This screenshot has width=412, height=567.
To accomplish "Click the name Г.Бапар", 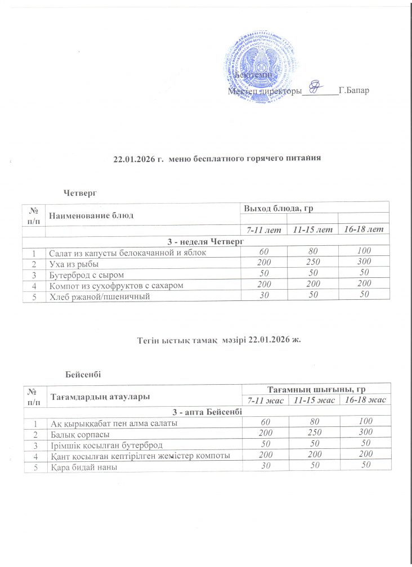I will tap(354, 91).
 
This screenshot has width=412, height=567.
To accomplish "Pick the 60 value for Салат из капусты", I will tap(265, 253).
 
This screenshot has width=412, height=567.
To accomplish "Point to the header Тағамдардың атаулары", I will tap(100, 397).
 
